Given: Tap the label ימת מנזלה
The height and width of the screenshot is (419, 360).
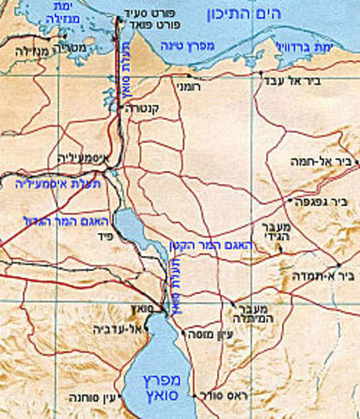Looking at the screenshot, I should [26, 17].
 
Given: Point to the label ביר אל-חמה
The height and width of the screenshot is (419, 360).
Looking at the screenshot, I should [318, 161].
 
